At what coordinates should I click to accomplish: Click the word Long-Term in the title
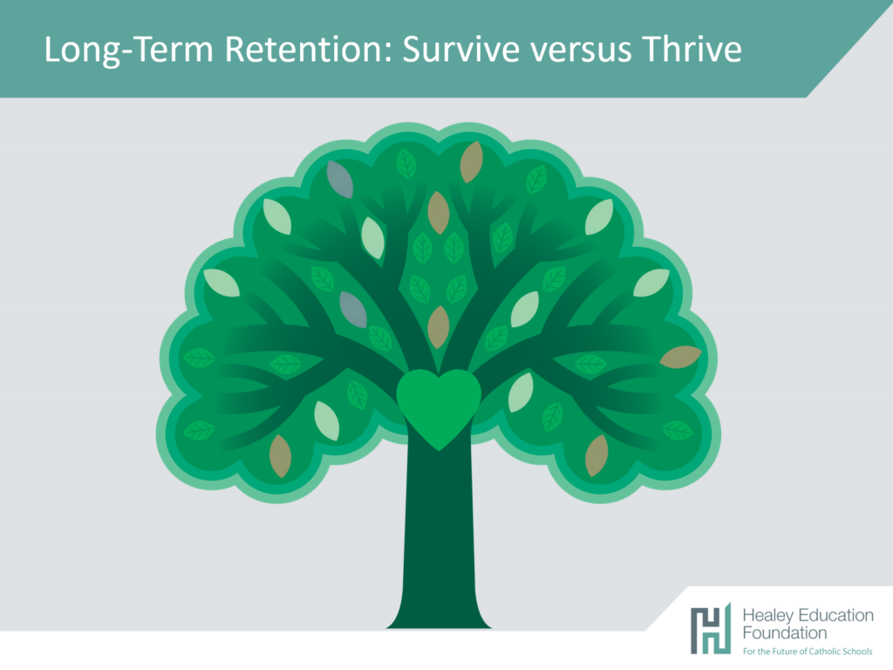[129, 50]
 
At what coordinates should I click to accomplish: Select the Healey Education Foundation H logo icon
[710, 628]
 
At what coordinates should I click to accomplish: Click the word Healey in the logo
[768, 615]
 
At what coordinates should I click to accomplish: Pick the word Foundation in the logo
[784, 633]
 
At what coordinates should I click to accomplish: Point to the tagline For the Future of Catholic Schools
[807, 651]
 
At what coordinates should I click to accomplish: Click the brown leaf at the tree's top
[472, 162]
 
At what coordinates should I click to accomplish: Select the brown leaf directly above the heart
[439, 327]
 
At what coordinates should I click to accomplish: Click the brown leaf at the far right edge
[680, 357]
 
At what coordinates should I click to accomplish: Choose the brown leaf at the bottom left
[280, 455]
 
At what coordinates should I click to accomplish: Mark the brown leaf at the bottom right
[596, 455]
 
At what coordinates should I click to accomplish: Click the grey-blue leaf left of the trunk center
[353, 310]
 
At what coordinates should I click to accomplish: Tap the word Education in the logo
[835, 615]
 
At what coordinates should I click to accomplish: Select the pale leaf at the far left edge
[222, 283]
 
